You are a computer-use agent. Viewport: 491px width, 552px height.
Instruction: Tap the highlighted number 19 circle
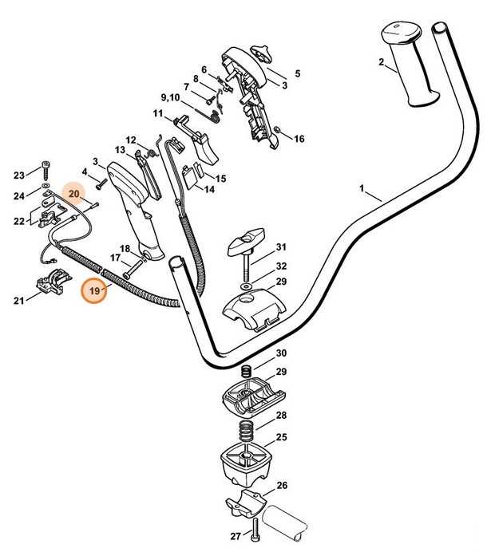click(x=95, y=292)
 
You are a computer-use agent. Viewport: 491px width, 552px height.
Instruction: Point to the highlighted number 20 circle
click(x=73, y=194)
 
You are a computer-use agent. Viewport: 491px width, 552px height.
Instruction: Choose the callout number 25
click(x=281, y=437)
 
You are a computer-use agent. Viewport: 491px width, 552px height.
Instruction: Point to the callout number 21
click(x=18, y=300)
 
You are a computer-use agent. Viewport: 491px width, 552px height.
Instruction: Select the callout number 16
click(x=299, y=139)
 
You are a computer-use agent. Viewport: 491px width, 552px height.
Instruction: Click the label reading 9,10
click(x=170, y=97)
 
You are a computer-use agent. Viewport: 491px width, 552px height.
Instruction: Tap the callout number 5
click(x=297, y=74)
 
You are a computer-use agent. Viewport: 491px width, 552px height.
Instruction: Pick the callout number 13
click(x=120, y=150)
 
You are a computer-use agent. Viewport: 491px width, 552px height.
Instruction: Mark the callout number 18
click(x=125, y=248)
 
